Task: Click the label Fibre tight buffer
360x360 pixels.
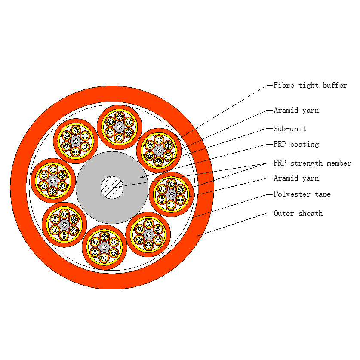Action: click(310, 86)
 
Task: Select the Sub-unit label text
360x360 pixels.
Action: click(290, 129)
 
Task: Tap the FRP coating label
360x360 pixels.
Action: click(296, 144)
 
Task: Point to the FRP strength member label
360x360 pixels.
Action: click(312, 163)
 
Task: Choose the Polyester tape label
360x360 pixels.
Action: click(302, 194)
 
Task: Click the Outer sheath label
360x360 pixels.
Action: click(298, 213)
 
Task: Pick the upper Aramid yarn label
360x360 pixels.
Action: click(296, 111)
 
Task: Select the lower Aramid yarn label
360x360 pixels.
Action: click(296, 178)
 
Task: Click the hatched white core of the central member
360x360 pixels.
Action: click(112, 188)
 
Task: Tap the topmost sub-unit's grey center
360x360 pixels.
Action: click(120, 127)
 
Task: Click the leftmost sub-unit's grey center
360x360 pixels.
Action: click(53, 181)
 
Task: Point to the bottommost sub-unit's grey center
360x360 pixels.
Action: click(105, 247)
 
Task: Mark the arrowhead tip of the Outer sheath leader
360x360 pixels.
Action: click(198, 236)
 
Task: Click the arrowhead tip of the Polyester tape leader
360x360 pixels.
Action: click(191, 218)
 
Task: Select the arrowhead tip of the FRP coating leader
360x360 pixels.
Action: click(141, 177)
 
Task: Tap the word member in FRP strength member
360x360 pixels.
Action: click(339, 163)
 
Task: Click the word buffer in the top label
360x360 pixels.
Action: click(335, 86)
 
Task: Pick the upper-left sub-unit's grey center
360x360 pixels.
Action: click(76, 141)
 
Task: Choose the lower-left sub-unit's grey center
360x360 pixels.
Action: click(64, 225)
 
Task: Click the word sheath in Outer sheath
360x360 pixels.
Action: click(311, 213)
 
